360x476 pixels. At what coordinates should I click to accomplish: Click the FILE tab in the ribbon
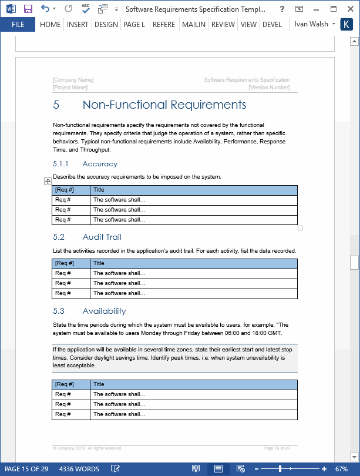point(18,25)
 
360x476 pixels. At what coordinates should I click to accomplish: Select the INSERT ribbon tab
point(78,25)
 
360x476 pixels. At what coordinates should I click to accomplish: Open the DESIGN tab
point(106,25)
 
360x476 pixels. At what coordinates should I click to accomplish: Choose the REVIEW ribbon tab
point(223,25)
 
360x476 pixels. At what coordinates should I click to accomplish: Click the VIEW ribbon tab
point(248,25)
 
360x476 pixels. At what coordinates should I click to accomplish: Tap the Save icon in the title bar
point(28,9)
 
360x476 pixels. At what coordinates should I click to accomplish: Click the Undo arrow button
point(45,9)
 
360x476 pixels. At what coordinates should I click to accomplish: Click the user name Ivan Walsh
point(311,24)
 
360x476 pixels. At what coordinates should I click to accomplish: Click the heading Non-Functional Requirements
point(164,105)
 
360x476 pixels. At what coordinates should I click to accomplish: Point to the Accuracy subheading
point(100,164)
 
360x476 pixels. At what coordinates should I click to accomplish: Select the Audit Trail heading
point(102,237)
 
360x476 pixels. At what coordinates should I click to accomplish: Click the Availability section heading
point(104,311)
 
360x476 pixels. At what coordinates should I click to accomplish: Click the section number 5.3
point(59,311)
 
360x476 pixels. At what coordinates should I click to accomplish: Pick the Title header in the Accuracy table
point(99,190)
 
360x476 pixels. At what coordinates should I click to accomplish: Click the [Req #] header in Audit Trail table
point(64,263)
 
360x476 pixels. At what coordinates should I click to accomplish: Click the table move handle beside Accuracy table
point(48,182)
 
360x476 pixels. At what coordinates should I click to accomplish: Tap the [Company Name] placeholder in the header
point(73,80)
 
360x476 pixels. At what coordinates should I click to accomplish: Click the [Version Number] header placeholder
point(269,88)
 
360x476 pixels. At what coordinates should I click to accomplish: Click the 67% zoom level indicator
point(341,469)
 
